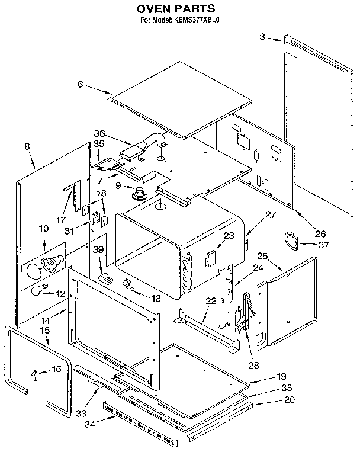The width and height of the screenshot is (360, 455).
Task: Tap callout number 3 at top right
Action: click(262, 37)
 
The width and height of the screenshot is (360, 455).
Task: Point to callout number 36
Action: click(98, 133)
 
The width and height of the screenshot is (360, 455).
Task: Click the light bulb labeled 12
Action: click(38, 290)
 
